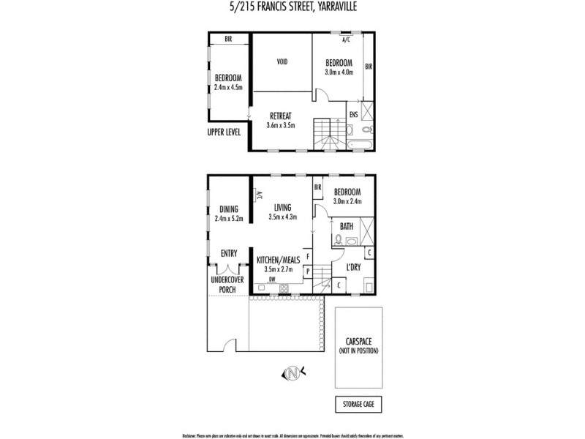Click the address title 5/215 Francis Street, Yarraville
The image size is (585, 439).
tap(292, 9)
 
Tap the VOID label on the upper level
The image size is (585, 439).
tap(282, 62)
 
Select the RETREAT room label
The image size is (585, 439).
tap(281, 116)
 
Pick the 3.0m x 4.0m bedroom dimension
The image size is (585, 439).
tap(339, 72)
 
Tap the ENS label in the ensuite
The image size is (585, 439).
tap(353, 114)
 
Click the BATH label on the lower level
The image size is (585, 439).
tap(347, 226)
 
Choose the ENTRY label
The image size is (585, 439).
tap(229, 253)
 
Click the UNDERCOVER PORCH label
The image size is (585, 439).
tap(227, 284)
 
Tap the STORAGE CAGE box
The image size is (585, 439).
tap(358, 404)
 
